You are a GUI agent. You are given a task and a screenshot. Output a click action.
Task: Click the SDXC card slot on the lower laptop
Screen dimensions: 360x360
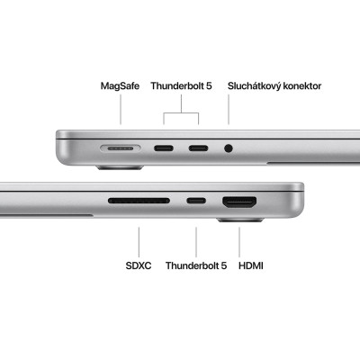[x=139, y=201]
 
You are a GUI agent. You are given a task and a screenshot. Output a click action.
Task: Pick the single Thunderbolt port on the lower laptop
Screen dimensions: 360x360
[x=195, y=201]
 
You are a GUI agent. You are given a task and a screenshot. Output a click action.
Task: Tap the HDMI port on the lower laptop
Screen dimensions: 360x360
[x=238, y=201]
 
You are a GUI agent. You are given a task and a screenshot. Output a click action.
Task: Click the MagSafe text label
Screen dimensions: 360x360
[x=121, y=86]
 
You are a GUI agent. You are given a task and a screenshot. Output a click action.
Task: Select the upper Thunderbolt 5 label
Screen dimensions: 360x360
[x=181, y=86]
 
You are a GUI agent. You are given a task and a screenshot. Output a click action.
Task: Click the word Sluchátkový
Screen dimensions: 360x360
[x=256, y=86]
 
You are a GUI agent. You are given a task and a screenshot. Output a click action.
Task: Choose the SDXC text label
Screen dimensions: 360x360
[x=139, y=266]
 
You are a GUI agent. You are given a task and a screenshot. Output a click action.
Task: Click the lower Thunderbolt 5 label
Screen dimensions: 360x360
[x=195, y=266]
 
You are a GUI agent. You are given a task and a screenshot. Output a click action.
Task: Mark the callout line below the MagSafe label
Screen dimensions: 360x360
[x=121, y=110]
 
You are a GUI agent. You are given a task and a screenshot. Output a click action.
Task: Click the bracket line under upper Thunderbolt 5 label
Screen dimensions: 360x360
[x=182, y=112]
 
